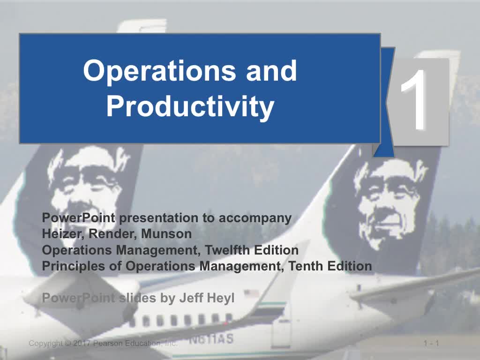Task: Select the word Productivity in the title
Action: [190, 107]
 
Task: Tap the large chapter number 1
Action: [414, 99]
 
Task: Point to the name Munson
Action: [166, 234]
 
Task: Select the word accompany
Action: [255, 218]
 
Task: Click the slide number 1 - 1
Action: [431, 343]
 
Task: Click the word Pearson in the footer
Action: [105, 343]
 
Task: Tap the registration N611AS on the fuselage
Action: [211, 339]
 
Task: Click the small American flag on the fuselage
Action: [252, 293]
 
